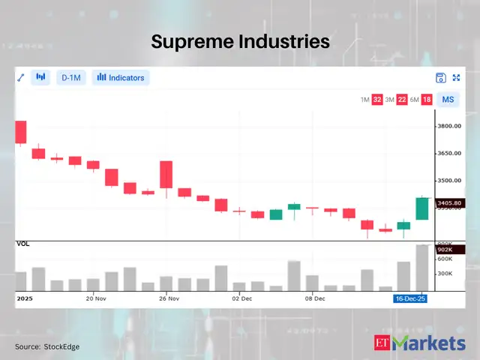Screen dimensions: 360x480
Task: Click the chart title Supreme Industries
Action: point(240,41)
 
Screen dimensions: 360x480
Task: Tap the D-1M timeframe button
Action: point(71,77)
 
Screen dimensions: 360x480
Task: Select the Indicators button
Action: point(121,77)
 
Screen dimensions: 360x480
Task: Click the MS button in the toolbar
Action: point(448,100)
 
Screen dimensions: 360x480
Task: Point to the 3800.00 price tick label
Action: point(454,126)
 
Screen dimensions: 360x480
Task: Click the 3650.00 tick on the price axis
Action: point(454,153)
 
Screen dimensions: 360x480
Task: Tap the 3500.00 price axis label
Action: point(454,181)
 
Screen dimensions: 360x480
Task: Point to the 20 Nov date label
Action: point(96,298)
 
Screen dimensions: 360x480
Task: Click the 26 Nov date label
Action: point(169,298)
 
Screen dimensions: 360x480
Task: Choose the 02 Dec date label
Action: point(242,298)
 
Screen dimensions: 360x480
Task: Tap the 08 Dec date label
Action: point(315,298)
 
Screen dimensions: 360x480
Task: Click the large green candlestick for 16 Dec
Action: point(422,208)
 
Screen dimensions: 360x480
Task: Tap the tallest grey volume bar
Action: point(422,268)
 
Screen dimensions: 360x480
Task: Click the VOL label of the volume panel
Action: point(23,244)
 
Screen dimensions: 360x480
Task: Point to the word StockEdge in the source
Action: point(62,346)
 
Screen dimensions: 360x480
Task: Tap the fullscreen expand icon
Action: point(455,77)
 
